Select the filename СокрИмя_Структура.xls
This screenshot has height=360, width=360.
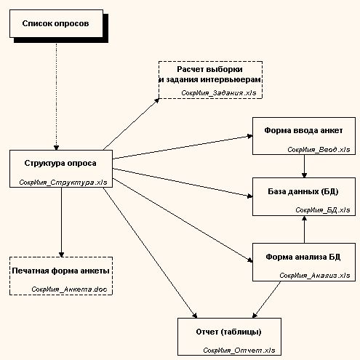pos(63,183)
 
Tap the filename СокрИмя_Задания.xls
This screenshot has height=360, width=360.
pos(219,93)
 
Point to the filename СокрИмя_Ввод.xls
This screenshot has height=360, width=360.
pos(319,149)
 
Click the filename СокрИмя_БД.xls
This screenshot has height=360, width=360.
pos(323,210)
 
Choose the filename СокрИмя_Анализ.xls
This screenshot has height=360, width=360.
pos(315,276)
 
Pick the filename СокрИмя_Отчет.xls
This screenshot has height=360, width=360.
pos(239,351)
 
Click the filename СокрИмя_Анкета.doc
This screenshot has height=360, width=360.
pos(69,289)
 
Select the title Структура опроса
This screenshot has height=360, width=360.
pos(60,163)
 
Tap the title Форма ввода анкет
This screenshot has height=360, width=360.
pos(303,130)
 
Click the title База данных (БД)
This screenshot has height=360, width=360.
pos(303,191)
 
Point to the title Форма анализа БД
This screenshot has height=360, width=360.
pos(303,257)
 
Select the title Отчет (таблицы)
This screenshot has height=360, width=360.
pos(228,332)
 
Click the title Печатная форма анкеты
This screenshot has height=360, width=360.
pos(60,271)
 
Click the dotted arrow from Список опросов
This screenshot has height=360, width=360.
pos(56,97)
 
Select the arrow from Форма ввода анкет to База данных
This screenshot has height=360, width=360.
pos(304,166)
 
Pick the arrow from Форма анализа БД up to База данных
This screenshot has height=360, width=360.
pos(304,230)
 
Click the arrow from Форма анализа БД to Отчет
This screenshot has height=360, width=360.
pos(266,300)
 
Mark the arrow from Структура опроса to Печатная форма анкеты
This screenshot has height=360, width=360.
pos(61,222)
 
